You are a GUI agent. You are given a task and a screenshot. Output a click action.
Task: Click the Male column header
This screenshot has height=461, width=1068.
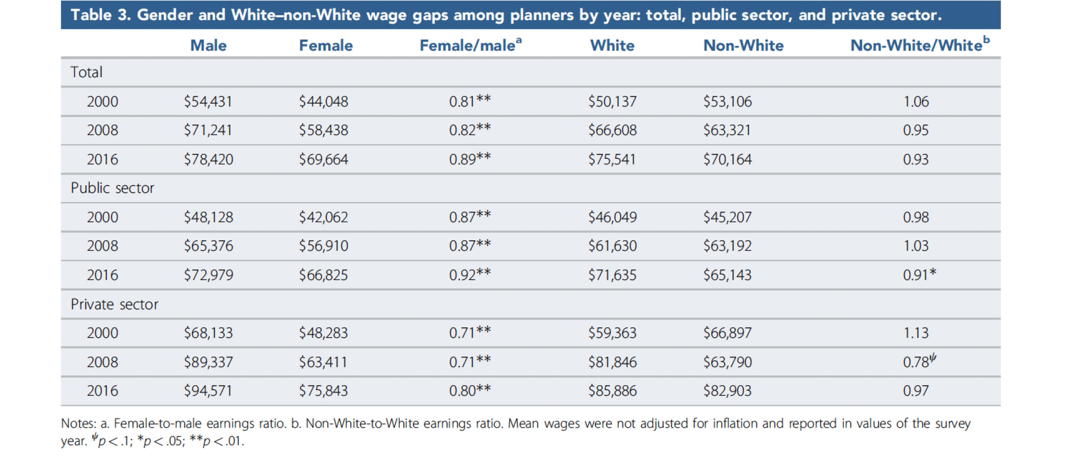208,46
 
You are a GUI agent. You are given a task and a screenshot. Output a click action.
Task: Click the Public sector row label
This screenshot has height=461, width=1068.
112,188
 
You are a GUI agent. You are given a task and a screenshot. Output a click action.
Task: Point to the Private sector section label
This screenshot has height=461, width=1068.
114,305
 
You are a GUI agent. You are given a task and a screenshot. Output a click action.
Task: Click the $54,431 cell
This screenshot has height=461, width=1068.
208,102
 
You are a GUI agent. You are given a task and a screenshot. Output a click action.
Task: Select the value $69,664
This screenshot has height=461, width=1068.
323,160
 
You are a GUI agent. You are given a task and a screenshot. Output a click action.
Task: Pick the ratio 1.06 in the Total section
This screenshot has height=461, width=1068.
916,102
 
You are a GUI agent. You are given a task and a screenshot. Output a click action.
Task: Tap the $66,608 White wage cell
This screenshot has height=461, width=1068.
612,130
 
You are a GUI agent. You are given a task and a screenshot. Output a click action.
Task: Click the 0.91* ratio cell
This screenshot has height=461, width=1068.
919,275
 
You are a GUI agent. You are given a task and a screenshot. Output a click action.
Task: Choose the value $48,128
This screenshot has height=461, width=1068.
208,217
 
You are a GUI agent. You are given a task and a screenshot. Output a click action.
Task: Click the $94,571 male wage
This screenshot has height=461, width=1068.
208,391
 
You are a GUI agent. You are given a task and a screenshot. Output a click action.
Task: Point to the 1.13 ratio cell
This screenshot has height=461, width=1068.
916,333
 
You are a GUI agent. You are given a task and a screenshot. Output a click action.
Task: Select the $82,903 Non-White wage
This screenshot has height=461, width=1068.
727,391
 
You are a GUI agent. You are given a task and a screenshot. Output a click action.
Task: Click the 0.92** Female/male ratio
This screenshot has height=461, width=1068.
470,275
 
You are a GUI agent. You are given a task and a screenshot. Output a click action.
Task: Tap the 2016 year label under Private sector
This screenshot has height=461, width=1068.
102,391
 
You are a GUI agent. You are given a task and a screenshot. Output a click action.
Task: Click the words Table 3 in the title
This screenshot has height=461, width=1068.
100,15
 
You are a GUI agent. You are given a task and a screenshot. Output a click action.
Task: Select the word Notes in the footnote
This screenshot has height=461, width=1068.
78,424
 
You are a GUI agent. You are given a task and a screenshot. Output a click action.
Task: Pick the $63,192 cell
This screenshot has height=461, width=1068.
727,246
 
